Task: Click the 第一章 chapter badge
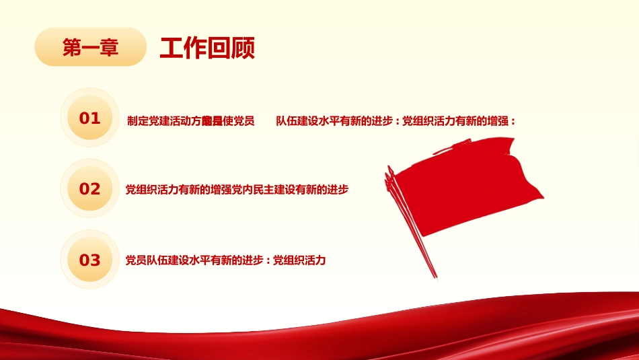tap(90, 47)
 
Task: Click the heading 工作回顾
tap(207, 48)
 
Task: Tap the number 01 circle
tap(90, 119)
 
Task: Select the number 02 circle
tap(90, 189)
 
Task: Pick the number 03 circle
tap(90, 260)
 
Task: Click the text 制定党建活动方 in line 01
tap(163, 122)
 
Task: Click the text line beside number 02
tap(237, 190)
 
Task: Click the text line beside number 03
tap(226, 260)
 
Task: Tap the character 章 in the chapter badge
tap(109, 47)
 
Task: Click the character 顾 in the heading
tap(243, 48)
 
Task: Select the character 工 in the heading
tap(171, 48)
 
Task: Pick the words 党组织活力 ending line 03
tap(299, 260)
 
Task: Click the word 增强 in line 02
tap(221, 190)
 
